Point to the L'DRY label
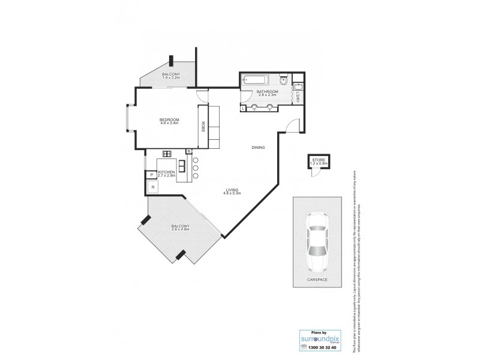pyautogui.click(x=298, y=95)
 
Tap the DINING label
pyautogui.click(x=258, y=148)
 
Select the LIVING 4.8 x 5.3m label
pyautogui.click(x=232, y=191)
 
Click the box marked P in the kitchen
pyautogui.click(x=151, y=175)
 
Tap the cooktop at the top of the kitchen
pyautogui.click(x=167, y=154)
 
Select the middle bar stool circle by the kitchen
pyautogui.click(x=195, y=169)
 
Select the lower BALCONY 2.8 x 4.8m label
pyautogui.click(x=180, y=227)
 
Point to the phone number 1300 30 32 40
pyautogui.click(x=319, y=347)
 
